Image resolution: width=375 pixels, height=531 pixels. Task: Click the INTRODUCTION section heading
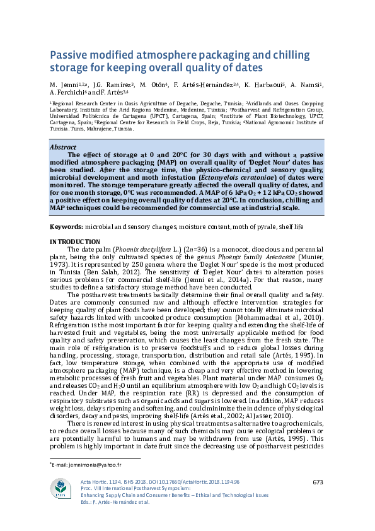tap(74, 242)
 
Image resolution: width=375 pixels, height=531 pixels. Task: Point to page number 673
tap(318, 482)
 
